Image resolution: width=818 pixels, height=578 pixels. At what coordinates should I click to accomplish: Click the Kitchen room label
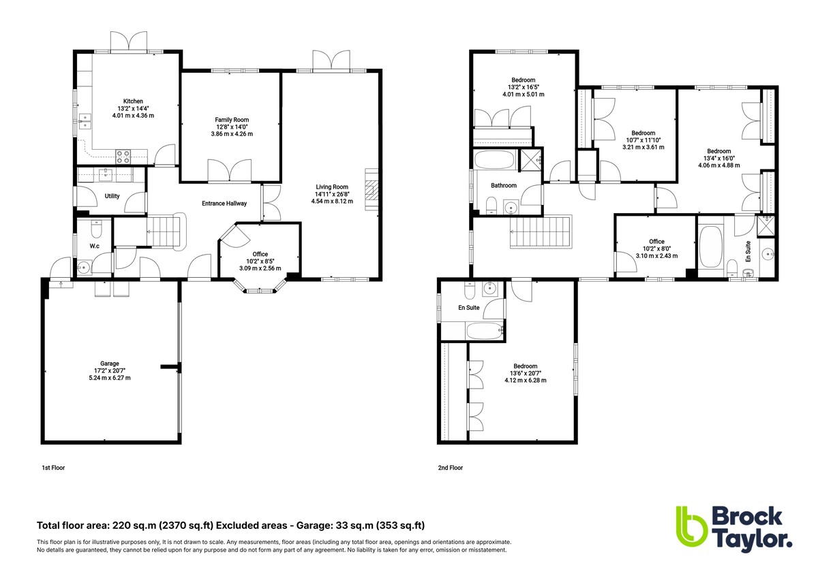(x=133, y=101)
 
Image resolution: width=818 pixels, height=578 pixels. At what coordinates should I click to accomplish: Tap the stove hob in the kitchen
(x=124, y=156)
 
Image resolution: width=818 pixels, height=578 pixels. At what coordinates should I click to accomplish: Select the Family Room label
(x=227, y=120)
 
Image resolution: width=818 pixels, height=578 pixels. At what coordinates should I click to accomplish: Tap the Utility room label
(x=112, y=196)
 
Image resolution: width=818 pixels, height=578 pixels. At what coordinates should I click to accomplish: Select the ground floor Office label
(x=260, y=254)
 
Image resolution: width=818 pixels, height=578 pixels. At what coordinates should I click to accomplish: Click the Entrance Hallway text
(x=224, y=204)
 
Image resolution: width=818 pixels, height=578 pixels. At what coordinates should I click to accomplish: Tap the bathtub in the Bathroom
(x=495, y=161)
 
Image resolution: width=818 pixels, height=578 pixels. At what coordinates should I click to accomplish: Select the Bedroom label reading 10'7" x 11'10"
(x=643, y=133)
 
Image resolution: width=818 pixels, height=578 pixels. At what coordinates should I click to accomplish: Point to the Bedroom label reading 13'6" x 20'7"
(x=525, y=366)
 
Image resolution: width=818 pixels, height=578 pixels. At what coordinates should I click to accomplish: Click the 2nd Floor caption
(x=450, y=468)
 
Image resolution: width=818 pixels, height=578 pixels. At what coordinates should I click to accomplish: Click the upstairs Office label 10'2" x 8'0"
(x=656, y=242)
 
